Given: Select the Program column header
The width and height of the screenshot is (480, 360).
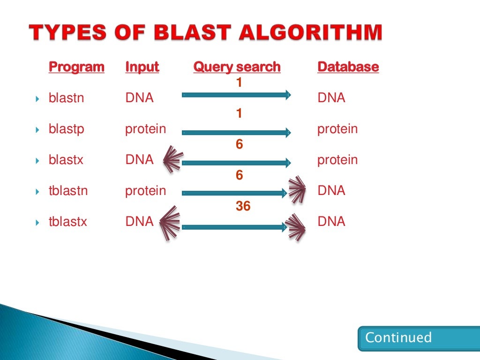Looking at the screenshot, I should pyautogui.click(x=76, y=67).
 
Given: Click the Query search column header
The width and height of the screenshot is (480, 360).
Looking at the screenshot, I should pyautogui.click(x=237, y=67).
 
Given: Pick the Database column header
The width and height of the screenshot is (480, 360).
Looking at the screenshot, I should pyautogui.click(x=348, y=67).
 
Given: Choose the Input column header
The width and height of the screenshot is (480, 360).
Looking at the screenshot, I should pyautogui.click(x=142, y=67).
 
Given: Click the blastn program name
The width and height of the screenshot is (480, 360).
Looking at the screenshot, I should pyautogui.click(x=66, y=98).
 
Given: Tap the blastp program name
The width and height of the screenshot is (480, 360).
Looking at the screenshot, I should pyautogui.click(x=66, y=129).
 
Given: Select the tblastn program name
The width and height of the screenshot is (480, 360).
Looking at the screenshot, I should pyautogui.click(x=68, y=191).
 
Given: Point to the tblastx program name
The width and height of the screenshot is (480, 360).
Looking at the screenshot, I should pyautogui.click(x=68, y=222).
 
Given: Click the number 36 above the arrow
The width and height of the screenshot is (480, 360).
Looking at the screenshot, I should pyautogui.click(x=243, y=206).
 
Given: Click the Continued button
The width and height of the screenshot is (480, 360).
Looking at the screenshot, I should pyautogui.click(x=398, y=338).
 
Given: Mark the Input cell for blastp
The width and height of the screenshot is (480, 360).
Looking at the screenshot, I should pyautogui.click(x=145, y=129).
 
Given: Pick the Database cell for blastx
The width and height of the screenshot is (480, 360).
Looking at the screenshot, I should pyautogui.click(x=337, y=160).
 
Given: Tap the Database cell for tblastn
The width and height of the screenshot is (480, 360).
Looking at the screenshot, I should pyautogui.click(x=331, y=191).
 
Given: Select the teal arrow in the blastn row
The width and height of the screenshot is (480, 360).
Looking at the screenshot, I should pyautogui.click(x=236, y=95).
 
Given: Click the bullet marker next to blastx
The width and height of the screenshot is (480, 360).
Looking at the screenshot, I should pyautogui.click(x=37, y=161).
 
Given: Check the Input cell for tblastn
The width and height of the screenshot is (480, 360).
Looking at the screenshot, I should pyautogui.click(x=145, y=191).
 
